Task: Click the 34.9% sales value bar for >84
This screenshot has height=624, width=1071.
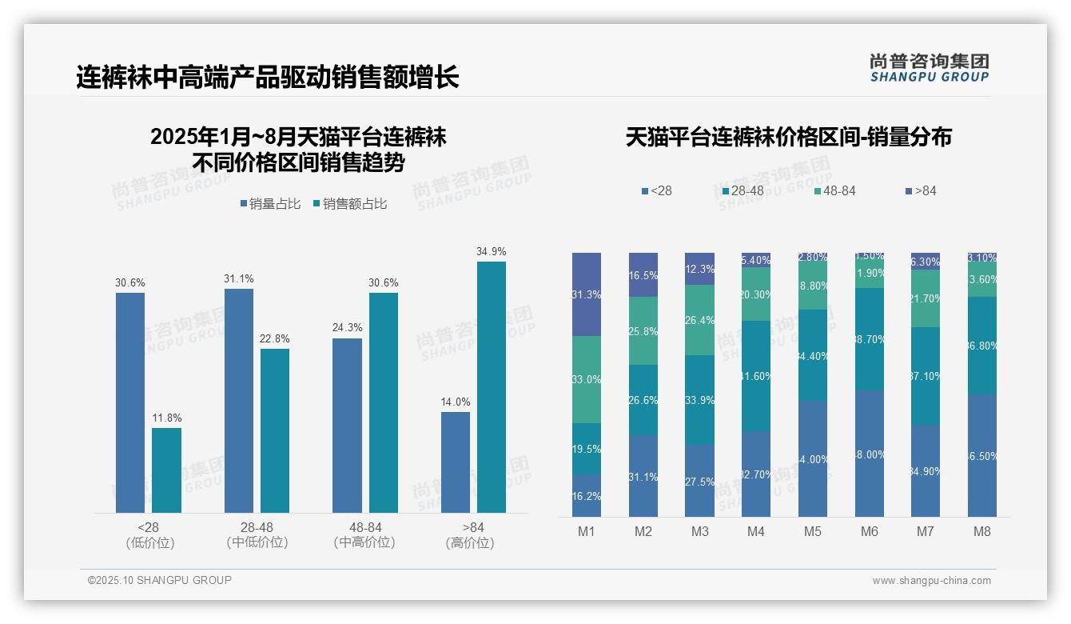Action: point(492,387)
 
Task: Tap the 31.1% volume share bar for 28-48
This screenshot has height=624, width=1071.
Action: point(238,401)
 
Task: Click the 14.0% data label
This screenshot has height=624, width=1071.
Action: point(456,402)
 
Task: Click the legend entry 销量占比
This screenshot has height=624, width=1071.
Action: point(271,204)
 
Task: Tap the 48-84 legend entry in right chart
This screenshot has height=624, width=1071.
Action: point(834,190)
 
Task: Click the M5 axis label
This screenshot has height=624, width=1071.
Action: point(812,531)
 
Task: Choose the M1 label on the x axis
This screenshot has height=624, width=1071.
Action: point(586,531)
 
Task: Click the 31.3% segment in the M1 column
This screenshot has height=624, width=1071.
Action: point(586,294)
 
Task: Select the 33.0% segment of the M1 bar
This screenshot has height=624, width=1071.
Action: point(586,379)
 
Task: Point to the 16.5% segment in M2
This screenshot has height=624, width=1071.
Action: point(643,274)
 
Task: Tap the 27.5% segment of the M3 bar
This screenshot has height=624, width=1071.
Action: point(699,481)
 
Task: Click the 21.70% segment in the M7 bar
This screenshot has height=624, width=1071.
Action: point(925,298)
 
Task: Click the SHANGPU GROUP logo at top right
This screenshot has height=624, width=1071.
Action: point(929,68)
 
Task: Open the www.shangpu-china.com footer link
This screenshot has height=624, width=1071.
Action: point(931,581)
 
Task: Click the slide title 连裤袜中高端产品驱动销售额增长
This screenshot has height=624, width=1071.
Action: point(268,78)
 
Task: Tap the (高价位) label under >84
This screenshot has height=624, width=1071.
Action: point(469,543)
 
